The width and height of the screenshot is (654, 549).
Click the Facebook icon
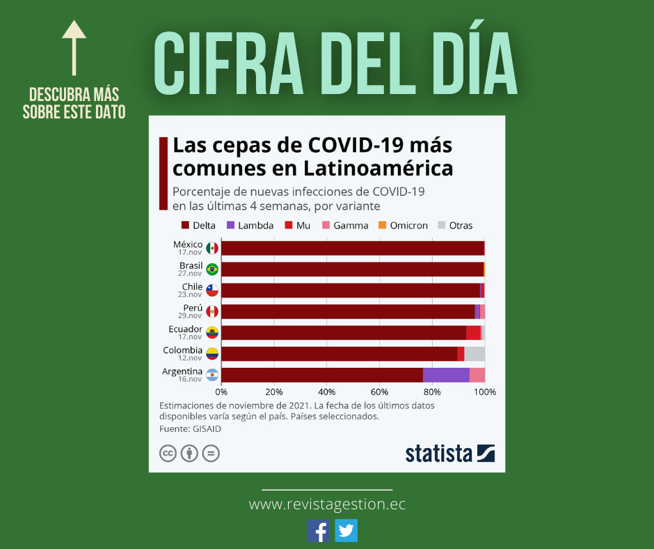click(319, 531)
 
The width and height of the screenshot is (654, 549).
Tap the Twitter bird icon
click(346, 531)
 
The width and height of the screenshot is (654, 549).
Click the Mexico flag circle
click(212, 248)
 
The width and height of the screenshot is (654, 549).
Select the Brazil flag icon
click(212, 269)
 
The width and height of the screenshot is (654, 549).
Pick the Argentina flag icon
click(212, 375)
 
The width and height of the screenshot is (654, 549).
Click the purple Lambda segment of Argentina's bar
click(446, 375)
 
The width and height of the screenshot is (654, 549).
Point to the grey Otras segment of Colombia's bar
click(474, 354)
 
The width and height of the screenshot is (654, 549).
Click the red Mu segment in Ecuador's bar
click(473, 332)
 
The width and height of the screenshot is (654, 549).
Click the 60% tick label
click(379, 392)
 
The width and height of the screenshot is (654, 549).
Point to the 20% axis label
click(274, 392)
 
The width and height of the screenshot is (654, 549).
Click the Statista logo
click(449, 453)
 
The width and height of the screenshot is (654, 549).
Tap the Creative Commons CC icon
click(168, 454)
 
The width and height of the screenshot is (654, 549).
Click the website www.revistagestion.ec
click(327, 504)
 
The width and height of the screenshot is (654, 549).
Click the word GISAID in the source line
click(207, 429)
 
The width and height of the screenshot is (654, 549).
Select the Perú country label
click(192, 308)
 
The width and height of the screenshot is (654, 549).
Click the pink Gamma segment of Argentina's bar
click(477, 375)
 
